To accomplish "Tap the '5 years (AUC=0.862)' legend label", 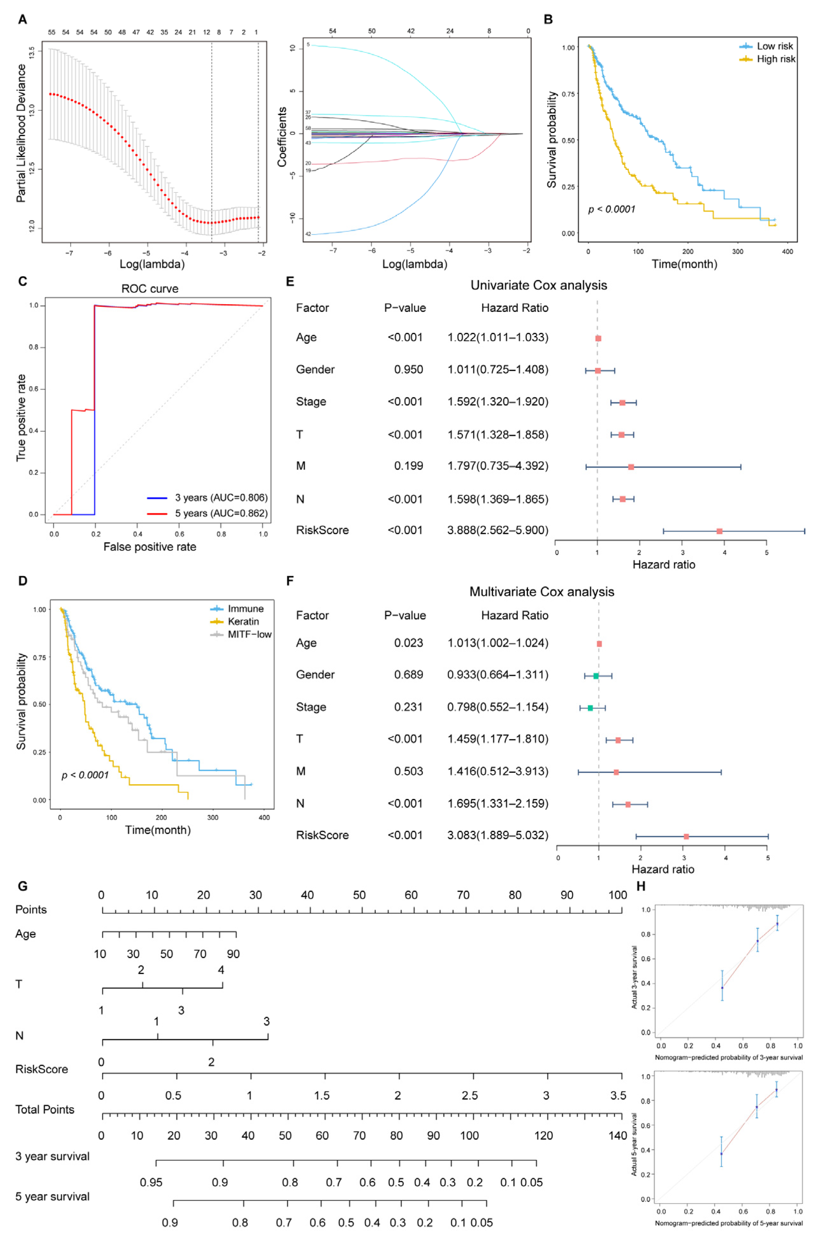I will (x=221, y=513).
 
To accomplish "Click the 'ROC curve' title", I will (x=150, y=289).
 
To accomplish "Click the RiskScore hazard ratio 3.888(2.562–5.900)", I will (x=498, y=530).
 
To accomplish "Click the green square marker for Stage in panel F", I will (x=590, y=708).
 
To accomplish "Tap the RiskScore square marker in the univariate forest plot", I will (x=719, y=531).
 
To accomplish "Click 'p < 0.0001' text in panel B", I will (x=612, y=209).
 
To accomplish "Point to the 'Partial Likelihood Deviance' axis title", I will (x=21, y=133).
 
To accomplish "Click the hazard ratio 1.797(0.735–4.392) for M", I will (x=498, y=465).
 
